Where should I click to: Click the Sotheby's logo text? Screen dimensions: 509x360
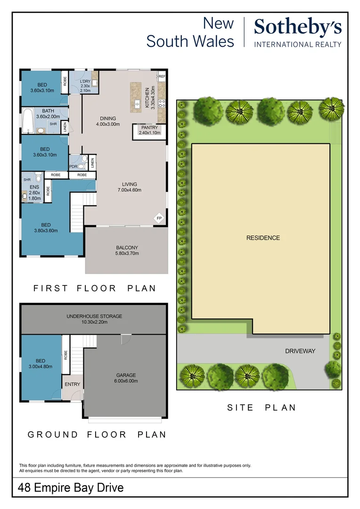click(298, 28)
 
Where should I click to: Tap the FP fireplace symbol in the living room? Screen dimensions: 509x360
click(159, 218)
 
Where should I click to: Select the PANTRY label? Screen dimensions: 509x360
click(150, 130)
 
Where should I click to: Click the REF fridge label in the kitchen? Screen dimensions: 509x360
click(162, 76)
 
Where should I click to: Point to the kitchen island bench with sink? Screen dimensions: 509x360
click(136, 96)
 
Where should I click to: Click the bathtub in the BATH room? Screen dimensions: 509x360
click(27, 121)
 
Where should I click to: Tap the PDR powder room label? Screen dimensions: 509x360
click(74, 166)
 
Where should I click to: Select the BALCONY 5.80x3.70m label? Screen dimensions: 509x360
click(127, 250)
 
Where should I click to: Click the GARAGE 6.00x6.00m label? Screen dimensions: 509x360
click(126, 378)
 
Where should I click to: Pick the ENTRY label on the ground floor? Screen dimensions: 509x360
click(73, 384)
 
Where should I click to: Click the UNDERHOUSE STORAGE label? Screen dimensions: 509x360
click(94, 319)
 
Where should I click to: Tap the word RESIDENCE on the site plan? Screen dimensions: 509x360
click(263, 238)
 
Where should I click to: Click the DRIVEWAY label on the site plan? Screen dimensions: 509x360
click(300, 351)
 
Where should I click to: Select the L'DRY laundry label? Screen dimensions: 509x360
click(85, 86)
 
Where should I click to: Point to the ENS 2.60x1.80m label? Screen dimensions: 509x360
click(34, 193)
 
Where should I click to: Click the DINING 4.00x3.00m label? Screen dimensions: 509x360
click(107, 121)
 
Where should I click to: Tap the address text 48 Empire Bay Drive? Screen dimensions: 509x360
click(71, 487)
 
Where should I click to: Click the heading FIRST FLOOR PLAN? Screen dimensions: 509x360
click(94, 288)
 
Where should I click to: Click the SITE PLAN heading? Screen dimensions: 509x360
click(262, 408)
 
